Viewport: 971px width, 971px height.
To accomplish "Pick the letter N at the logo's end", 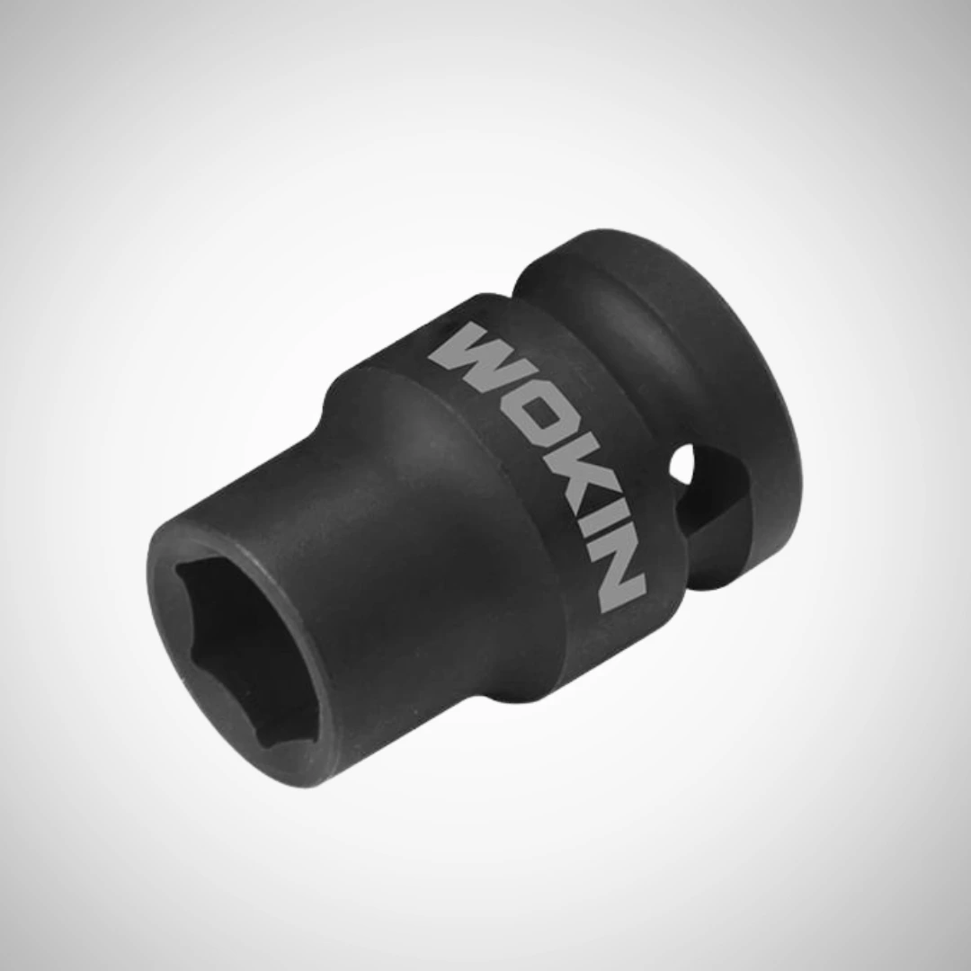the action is point(613,573).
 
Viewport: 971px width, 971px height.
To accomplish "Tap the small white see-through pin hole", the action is point(681,466).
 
